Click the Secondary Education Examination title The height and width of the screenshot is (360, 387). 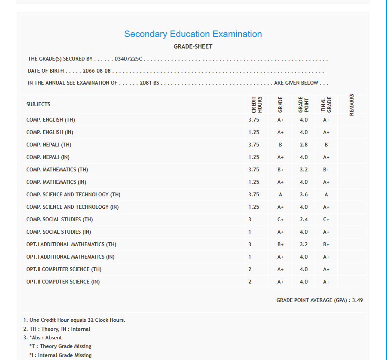coord(193,34)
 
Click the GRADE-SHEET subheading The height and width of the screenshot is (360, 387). coord(193,46)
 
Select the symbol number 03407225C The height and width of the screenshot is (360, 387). coord(128,59)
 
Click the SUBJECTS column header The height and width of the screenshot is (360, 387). coord(38,104)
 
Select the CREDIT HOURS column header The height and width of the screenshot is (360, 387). coord(256,104)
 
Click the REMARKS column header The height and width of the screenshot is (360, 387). coord(352,104)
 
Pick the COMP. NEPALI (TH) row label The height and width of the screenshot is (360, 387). coord(49,145)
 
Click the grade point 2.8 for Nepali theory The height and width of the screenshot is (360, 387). coord(304,145)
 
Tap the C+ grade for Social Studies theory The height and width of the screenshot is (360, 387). coord(280,220)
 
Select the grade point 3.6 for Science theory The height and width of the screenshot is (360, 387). coord(304,195)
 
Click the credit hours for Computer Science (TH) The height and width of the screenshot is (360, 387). coord(250,269)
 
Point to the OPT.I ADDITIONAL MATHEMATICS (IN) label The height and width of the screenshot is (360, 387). coord(70,257)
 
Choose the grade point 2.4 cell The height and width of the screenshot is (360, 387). coord(304,220)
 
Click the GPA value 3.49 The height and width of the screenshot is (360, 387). coord(357,300)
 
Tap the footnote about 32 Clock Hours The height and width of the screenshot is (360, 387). coord(74,320)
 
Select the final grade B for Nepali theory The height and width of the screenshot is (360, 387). coord(326,145)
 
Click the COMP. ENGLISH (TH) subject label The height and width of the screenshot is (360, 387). coord(51,120)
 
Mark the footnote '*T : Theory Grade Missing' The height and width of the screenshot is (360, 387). coord(60,346)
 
